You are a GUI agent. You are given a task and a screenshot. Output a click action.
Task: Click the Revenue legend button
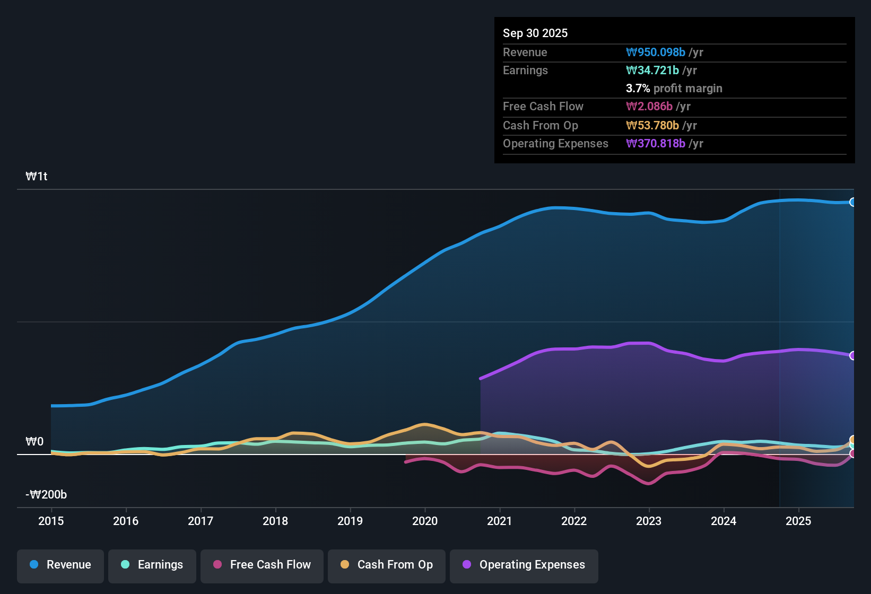point(60,565)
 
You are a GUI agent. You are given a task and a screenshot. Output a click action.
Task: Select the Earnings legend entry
point(152,565)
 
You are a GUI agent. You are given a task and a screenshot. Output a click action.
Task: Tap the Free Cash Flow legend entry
point(262,565)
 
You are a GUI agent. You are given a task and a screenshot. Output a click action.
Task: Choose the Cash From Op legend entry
point(387,565)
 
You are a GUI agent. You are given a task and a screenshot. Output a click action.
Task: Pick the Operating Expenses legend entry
point(524,565)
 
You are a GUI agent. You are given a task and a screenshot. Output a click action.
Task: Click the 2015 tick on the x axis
point(51,521)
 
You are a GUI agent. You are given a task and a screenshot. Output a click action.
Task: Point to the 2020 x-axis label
point(425,521)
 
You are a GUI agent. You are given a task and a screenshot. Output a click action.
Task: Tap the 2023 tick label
point(649,521)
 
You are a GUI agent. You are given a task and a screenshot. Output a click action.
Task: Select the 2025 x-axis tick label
point(798,521)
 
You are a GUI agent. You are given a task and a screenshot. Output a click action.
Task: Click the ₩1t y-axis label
point(37,177)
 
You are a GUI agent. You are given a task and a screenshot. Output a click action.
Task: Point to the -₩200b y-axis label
point(46,495)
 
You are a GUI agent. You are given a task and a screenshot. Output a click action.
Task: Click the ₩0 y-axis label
point(34,442)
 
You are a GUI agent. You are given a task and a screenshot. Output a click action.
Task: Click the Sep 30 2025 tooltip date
point(535,33)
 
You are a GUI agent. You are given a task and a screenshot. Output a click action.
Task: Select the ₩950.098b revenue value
point(656,52)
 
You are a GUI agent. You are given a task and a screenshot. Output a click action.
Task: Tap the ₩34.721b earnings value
point(652,70)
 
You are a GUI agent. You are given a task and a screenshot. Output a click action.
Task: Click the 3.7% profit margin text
point(674,88)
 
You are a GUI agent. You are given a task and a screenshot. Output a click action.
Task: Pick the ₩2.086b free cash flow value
point(649,106)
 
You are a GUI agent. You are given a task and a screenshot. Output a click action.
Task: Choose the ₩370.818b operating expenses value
point(656,143)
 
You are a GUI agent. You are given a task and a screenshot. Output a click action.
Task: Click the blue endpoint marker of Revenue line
point(852,202)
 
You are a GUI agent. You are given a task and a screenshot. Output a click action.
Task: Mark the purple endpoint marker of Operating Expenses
point(852,355)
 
